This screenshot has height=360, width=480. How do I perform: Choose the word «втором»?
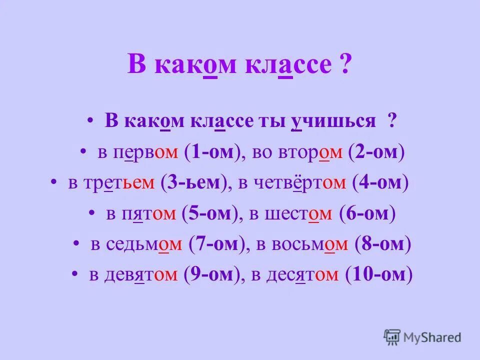(313, 153)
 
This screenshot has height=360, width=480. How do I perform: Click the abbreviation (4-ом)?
(380, 183)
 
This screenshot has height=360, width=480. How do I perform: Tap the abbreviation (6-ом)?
(367, 214)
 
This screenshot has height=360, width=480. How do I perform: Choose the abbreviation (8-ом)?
(382, 244)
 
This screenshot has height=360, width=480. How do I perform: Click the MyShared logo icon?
(392, 337)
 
